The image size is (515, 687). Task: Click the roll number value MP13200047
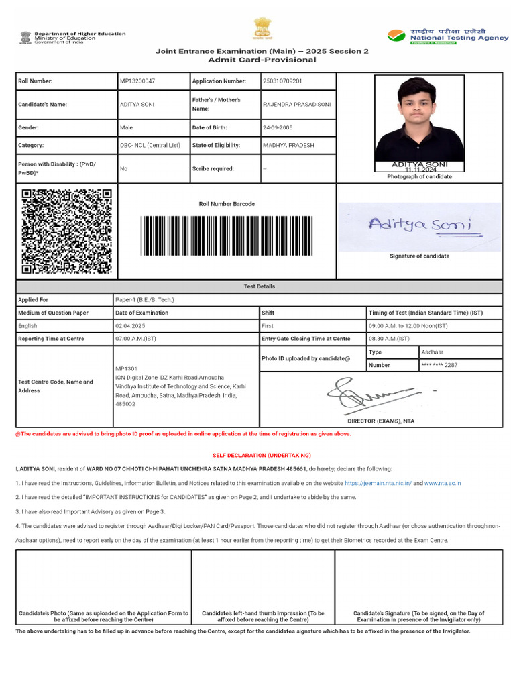[x=137, y=81]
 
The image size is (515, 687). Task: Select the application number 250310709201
[x=282, y=81]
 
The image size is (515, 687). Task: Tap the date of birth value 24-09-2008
[x=278, y=127]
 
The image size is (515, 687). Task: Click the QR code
[x=66, y=231]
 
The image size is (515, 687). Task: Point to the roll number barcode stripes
[x=226, y=235]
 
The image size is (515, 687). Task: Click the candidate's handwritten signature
[x=420, y=226]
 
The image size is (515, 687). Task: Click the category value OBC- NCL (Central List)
[x=150, y=145]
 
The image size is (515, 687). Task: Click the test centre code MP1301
[x=126, y=369]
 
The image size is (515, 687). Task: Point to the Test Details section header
[x=259, y=286]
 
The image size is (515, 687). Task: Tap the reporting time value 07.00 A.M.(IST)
[x=136, y=339]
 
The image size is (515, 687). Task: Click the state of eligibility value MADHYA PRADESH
[x=289, y=145]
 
